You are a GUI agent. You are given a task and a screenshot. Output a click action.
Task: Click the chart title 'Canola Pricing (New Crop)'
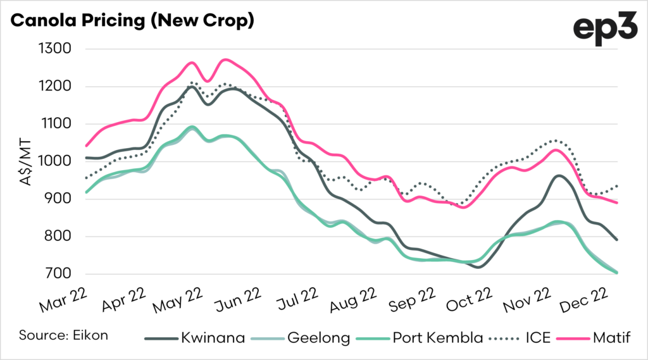[133, 22]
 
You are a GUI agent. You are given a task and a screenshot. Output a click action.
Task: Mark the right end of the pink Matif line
[617, 202]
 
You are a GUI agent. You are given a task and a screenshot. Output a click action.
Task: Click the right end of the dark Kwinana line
[617, 240]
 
